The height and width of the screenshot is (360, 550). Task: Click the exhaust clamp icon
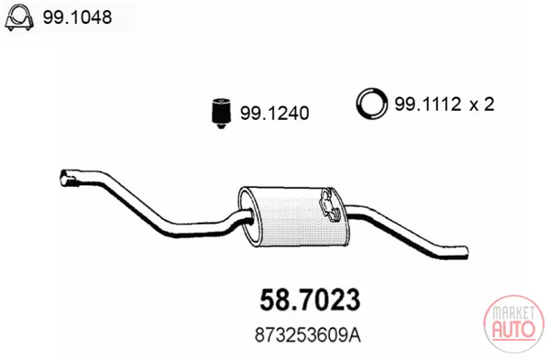pos(19,17)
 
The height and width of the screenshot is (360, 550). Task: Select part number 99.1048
pos(77,16)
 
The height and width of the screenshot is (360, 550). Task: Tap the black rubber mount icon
pos(221,113)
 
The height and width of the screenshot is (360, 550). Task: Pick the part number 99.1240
pos(274,113)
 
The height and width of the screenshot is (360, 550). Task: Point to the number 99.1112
pos(427,104)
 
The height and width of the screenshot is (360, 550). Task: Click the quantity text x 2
pos(482,104)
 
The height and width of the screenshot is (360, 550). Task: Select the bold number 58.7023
pos(310,300)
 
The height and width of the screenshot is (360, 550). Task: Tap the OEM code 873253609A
pos(308,335)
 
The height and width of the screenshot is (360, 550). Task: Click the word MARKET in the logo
pos(513,313)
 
